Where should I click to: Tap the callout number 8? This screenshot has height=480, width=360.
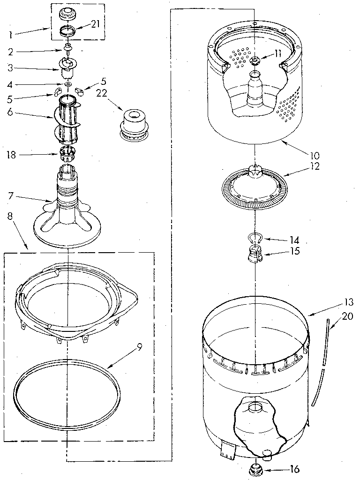pos(10,216)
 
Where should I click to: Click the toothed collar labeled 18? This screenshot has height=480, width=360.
pos(68,152)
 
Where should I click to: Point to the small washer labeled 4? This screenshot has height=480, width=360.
pos(68,84)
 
